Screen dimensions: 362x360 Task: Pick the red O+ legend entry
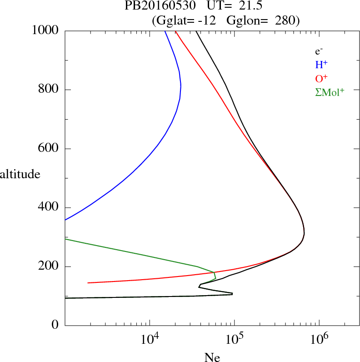tap(321, 78)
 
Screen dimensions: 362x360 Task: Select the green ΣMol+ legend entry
tap(330, 92)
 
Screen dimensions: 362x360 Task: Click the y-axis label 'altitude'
tap(20, 174)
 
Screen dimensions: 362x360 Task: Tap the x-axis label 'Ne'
tap(212, 357)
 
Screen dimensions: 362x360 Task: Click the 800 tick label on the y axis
tap(49, 90)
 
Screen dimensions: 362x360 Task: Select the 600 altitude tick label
tap(49, 149)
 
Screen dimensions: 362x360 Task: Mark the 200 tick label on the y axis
tap(49, 266)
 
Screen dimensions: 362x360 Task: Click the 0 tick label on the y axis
tap(55, 326)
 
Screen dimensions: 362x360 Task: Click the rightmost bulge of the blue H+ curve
tap(181, 85)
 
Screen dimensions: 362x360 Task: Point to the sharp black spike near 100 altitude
tap(232, 294)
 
